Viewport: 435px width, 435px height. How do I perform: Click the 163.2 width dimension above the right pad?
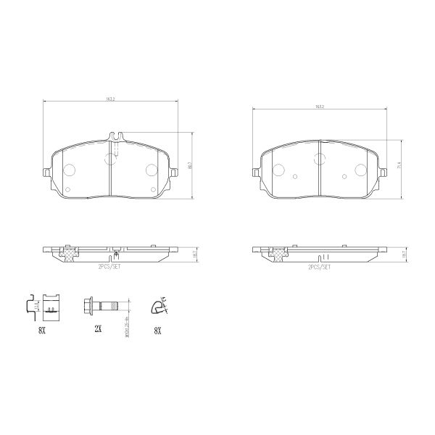[x=319, y=107]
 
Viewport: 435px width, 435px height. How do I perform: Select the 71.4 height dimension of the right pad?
[x=399, y=167]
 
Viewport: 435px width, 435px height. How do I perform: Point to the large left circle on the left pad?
[x=70, y=170]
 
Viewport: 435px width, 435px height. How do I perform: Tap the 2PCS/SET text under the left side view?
[x=111, y=268]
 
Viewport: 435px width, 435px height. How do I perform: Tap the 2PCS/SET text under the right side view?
[x=319, y=268]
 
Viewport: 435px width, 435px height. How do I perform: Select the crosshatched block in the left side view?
[x=70, y=253]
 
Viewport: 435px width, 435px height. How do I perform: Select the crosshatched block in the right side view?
[x=278, y=253]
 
